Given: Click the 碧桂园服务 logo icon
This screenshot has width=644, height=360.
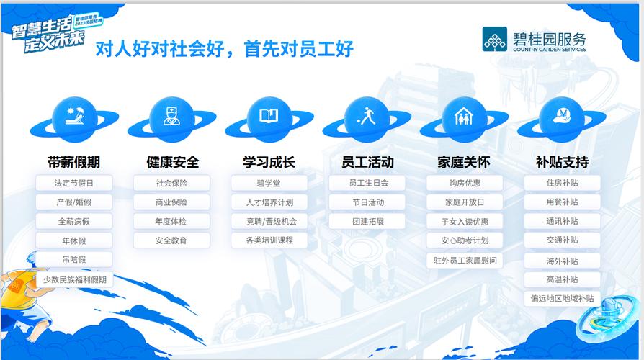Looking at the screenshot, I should pos(495,39).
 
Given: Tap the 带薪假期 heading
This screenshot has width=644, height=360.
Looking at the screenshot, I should pos(74,162).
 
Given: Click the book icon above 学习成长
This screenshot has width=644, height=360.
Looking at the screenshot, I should pos(269,116).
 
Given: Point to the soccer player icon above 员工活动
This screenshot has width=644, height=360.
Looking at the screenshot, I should pos(367,116).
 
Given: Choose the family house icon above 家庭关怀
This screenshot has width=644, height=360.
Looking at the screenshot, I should pos(464,116).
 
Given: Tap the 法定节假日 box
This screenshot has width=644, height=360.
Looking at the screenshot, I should pos(74,184).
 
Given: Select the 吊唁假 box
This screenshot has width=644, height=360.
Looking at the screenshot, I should pos(74,259).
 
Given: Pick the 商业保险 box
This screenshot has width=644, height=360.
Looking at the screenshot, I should pos(171,202).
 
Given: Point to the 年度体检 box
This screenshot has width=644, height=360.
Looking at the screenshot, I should pos(171,221).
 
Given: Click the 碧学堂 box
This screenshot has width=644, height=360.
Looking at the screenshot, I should pos(269,184).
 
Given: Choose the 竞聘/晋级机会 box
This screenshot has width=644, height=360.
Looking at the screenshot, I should pos(269,221).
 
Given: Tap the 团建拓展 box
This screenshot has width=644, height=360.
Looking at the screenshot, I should pos(367,221).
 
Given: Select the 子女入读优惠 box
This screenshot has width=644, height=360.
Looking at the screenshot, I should pos(464,221).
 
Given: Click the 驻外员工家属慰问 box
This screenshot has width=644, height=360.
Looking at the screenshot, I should pos(464,260).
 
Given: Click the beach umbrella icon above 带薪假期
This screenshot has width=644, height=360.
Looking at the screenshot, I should pos(74,116).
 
